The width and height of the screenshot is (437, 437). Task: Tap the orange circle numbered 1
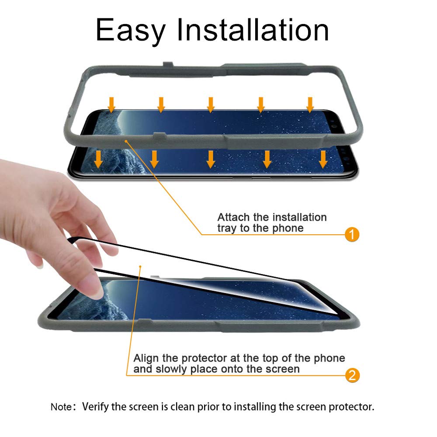pyautogui.click(x=352, y=234)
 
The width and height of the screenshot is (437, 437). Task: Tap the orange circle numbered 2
pyautogui.click(x=352, y=375)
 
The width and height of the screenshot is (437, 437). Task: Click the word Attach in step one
pyautogui.click(x=233, y=217)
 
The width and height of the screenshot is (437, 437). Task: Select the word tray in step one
pyautogui.click(x=226, y=228)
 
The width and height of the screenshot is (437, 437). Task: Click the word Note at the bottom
pyautogui.click(x=61, y=407)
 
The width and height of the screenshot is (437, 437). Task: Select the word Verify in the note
pyautogui.click(x=95, y=407)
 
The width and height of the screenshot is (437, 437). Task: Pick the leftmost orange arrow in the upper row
pyautogui.click(x=111, y=105)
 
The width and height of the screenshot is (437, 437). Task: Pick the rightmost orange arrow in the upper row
pyautogui.click(x=310, y=105)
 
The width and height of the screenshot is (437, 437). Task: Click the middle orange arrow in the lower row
pyautogui.click(x=211, y=160)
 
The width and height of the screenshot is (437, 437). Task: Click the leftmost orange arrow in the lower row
pyautogui.click(x=98, y=160)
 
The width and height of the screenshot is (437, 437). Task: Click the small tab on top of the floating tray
pyautogui.click(x=168, y=64)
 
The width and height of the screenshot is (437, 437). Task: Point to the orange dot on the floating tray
pyautogui.click(x=126, y=141)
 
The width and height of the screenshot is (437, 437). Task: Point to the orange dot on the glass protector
pyautogui.click(x=140, y=267)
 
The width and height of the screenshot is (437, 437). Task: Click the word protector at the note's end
pyautogui.click(x=351, y=407)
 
